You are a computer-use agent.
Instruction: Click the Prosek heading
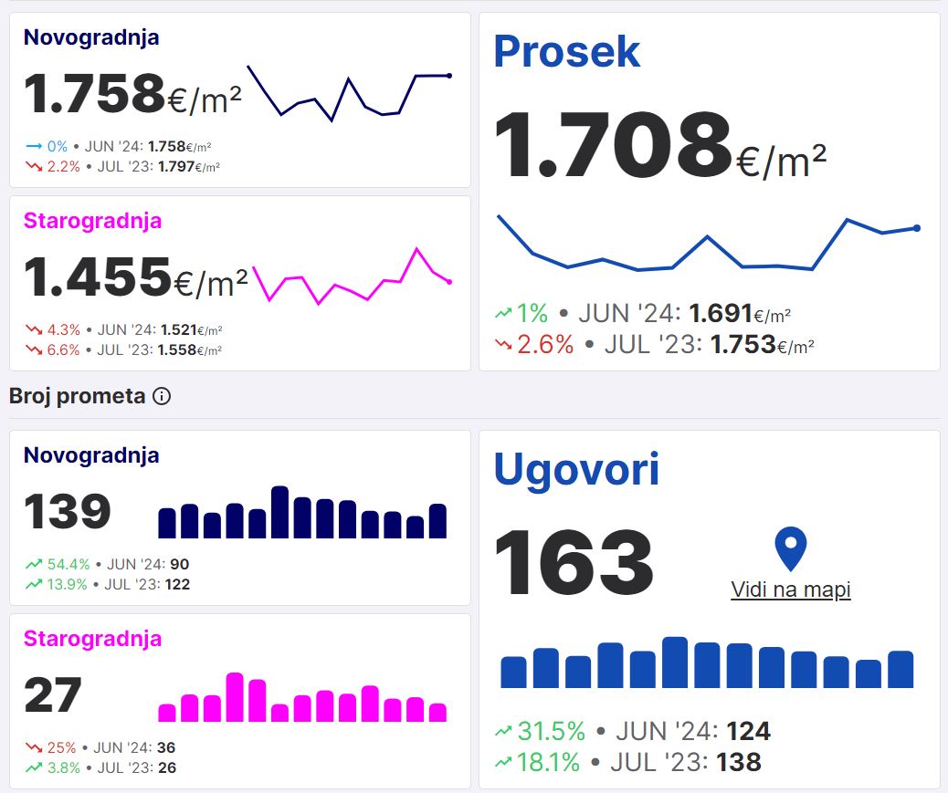click(x=566, y=52)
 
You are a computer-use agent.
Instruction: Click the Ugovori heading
click(x=576, y=469)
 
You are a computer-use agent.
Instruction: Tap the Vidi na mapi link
click(x=791, y=590)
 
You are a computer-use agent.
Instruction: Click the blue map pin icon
click(x=790, y=549)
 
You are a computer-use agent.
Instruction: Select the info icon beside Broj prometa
click(x=162, y=396)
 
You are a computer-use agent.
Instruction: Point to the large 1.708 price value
click(x=612, y=145)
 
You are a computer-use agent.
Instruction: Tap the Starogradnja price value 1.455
click(x=97, y=277)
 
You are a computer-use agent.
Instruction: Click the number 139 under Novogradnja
click(x=67, y=511)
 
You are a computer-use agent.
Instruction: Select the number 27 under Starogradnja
click(x=52, y=694)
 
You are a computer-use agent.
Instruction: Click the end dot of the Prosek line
click(x=916, y=228)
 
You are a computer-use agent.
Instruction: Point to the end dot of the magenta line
click(x=449, y=282)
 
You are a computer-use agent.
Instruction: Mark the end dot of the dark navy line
click(x=449, y=76)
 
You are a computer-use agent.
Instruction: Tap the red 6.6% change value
click(x=64, y=350)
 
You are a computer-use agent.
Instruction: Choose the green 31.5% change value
click(x=551, y=731)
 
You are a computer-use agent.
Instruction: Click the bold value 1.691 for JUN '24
click(x=721, y=314)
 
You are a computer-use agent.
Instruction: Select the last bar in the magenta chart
click(x=437, y=712)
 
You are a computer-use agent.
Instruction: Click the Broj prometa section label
click(x=77, y=396)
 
